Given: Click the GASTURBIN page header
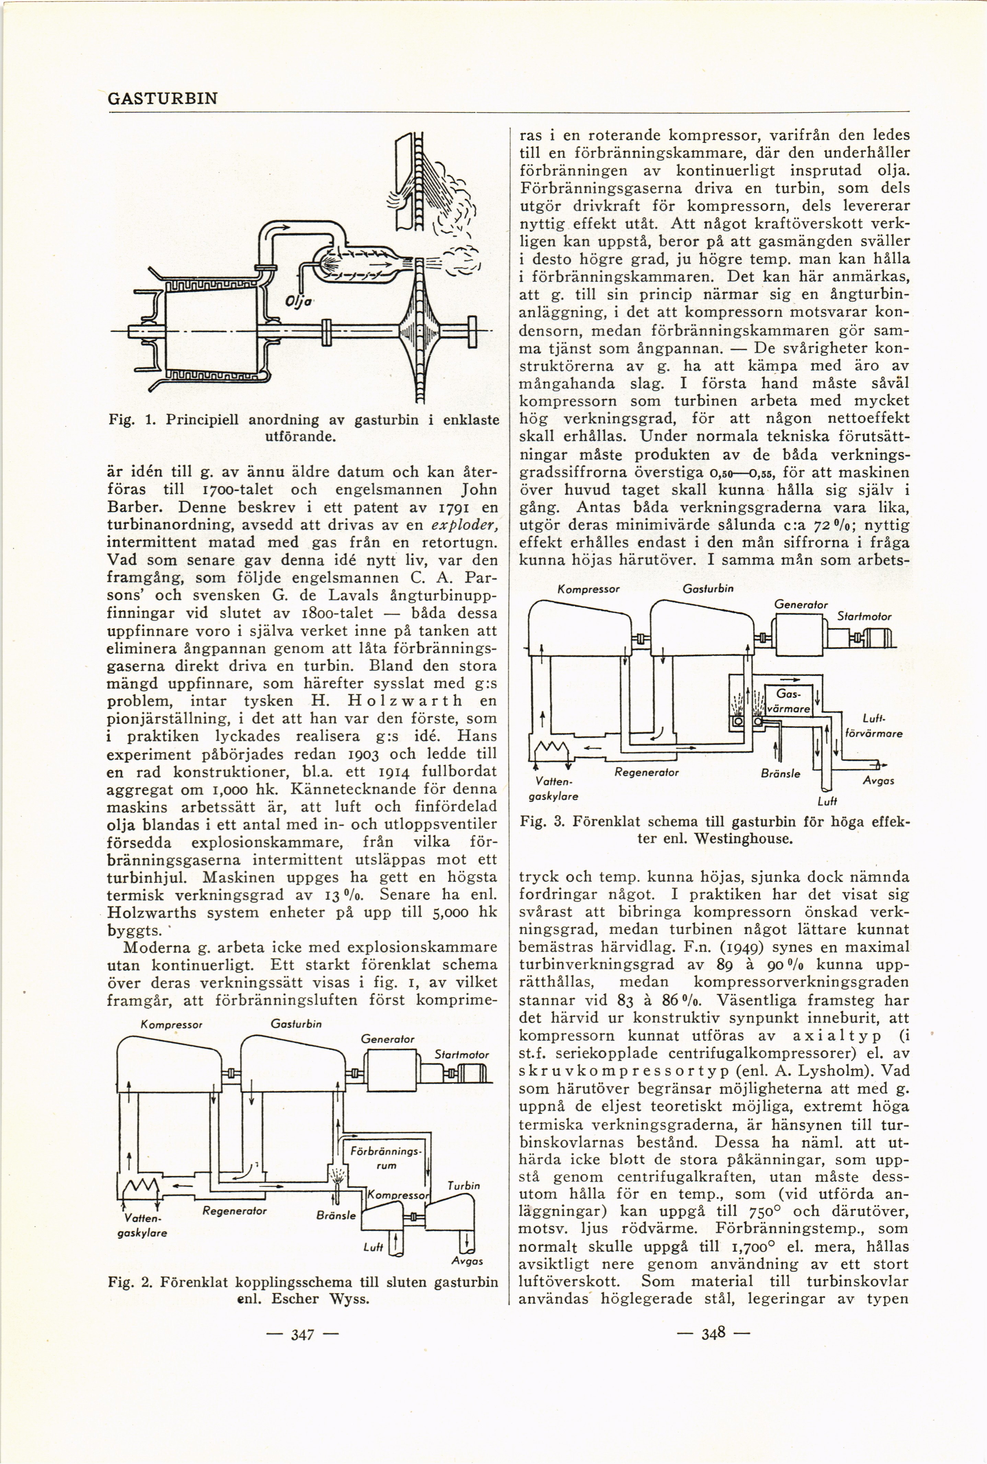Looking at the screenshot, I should [x=163, y=99].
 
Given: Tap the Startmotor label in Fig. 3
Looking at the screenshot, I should [x=864, y=617].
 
